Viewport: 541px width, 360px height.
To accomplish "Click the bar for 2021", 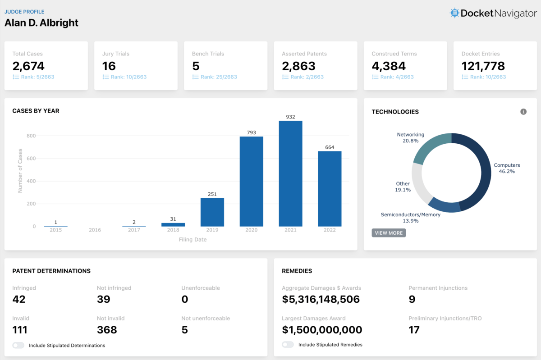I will [290, 173].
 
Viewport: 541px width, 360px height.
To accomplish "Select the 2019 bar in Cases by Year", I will [212, 212].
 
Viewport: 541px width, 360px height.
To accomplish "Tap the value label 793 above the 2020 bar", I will [252, 132].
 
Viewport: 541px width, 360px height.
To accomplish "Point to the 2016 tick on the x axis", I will [95, 230].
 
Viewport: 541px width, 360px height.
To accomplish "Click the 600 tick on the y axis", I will [31, 159].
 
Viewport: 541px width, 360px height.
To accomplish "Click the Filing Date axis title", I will [193, 240].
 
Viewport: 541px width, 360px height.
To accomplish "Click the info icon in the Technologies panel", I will [523, 112].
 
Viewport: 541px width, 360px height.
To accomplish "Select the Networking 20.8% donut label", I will [410, 137].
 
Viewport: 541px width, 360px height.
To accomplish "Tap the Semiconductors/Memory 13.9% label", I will [410, 218].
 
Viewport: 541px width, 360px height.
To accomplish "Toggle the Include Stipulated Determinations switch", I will [18, 346].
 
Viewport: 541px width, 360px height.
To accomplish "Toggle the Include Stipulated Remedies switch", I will [288, 345].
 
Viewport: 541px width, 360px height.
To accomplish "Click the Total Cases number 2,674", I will [28, 66].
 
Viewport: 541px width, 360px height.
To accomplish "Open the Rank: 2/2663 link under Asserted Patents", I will [307, 77].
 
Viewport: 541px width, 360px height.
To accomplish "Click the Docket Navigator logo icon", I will [454, 13].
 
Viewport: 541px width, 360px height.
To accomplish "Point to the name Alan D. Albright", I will [41, 23].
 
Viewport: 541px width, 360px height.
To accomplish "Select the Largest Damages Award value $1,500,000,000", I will [322, 330].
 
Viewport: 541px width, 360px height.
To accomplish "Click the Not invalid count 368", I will [107, 330].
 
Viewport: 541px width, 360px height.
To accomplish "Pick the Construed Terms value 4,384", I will [389, 66].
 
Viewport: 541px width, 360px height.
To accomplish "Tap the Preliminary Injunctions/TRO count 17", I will [414, 330].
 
